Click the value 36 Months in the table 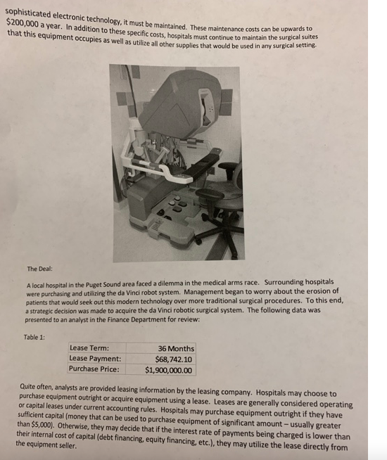click(177, 348)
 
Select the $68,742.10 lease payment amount click(172, 359)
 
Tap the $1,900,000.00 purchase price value click(168, 369)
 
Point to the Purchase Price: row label click(94, 369)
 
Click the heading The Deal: click(39, 269)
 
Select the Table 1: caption click(34, 336)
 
